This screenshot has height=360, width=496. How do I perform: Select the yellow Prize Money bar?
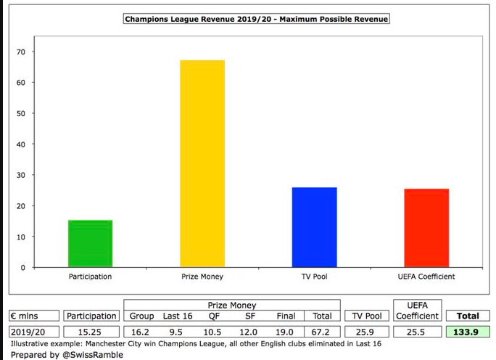click(x=202, y=163)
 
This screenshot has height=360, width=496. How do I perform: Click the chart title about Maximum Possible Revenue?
click(x=257, y=20)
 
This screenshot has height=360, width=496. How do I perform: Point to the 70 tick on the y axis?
click(x=21, y=52)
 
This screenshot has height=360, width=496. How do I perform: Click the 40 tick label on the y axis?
click(x=21, y=144)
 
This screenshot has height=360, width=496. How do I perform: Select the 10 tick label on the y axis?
click(x=21, y=237)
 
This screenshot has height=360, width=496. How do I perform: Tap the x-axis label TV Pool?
click(x=315, y=277)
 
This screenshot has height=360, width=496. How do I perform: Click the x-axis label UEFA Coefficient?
click(x=426, y=277)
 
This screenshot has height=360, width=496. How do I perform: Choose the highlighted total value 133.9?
click(x=468, y=332)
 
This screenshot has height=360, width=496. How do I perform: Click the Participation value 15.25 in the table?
click(x=91, y=332)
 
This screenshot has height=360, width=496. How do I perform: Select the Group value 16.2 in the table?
click(x=141, y=332)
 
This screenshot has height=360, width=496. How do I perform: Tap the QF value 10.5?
click(x=213, y=332)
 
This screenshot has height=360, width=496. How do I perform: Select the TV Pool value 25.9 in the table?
click(x=365, y=332)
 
